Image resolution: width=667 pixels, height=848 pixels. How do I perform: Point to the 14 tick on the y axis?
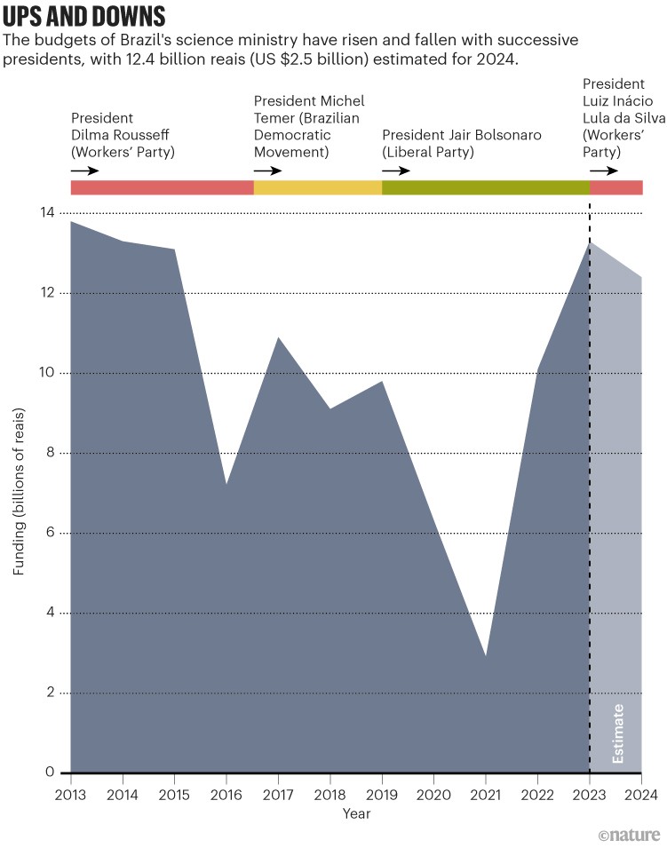click(45, 213)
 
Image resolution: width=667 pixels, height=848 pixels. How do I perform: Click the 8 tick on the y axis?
click(49, 453)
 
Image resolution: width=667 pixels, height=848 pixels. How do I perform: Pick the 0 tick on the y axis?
click(49, 773)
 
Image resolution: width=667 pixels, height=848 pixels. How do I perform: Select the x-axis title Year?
click(356, 813)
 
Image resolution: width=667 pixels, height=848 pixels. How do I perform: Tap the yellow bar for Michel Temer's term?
click(318, 187)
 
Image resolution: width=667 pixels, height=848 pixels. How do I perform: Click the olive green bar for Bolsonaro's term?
click(486, 187)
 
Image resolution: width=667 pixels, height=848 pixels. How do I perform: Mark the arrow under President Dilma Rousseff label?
click(85, 170)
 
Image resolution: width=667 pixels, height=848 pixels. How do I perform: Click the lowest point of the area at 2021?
click(486, 657)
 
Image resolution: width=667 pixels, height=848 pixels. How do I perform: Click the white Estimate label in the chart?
click(619, 733)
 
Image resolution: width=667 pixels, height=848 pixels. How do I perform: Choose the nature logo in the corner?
click(629, 834)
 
